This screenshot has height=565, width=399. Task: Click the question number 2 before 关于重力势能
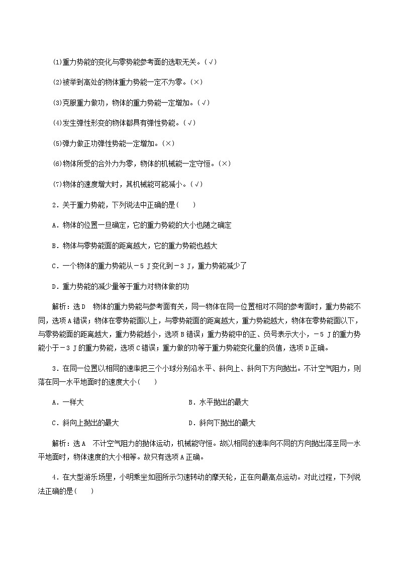pos(54,205)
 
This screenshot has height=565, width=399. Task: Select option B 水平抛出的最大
pos(218,402)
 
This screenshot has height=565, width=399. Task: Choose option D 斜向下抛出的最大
pos(222,423)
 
